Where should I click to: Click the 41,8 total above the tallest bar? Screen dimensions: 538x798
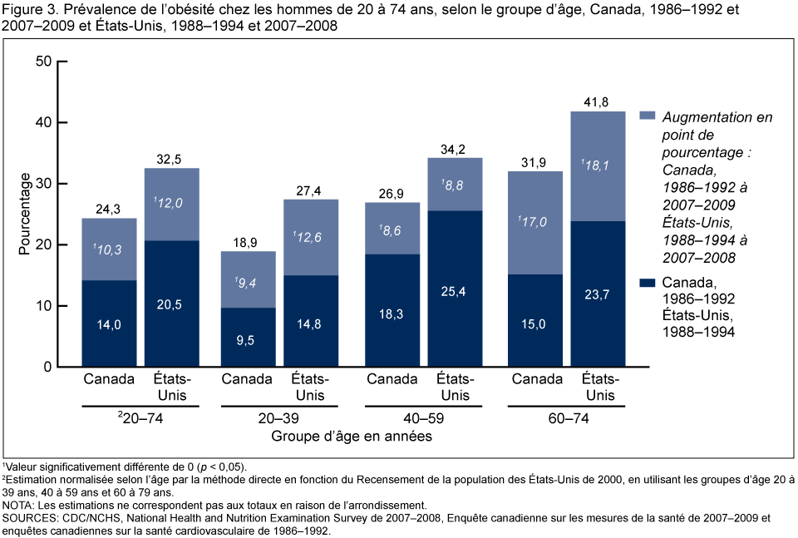pyautogui.click(x=597, y=101)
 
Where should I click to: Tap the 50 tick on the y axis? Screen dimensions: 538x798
pyautogui.click(x=43, y=62)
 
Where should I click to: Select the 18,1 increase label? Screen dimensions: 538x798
pyautogui.click(x=597, y=166)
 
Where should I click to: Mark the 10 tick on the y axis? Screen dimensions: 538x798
pyautogui.click(x=43, y=306)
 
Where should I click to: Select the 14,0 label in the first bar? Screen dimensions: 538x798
pyautogui.click(x=108, y=325)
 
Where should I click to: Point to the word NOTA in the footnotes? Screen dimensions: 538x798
pyautogui.click(x=17, y=505)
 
